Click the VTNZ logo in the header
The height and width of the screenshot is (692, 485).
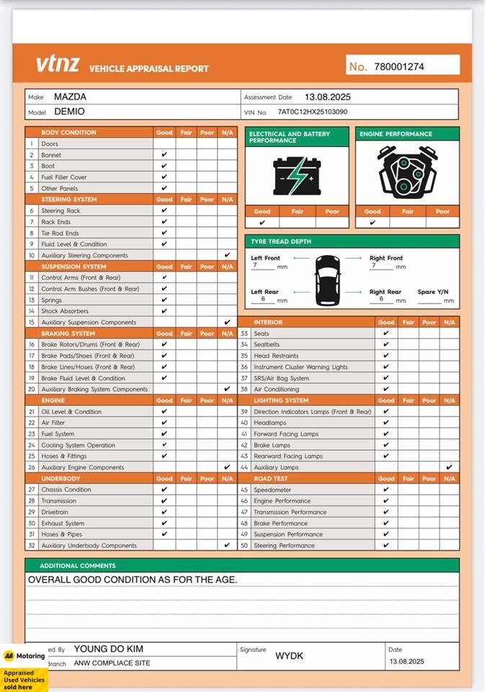click(x=58, y=64)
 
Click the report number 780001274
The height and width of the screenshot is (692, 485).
click(x=399, y=66)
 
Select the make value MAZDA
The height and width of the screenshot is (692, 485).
click(x=70, y=97)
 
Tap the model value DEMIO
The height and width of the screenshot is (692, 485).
click(x=69, y=112)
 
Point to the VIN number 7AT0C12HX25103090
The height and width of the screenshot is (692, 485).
click(x=312, y=112)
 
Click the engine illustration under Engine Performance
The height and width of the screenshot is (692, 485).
click(x=407, y=173)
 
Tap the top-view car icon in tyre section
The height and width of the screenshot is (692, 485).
click(x=328, y=280)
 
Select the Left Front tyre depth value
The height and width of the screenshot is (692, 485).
click(x=254, y=265)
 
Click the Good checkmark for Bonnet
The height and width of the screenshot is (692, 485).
click(x=164, y=155)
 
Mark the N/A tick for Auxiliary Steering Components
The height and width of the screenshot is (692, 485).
click(x=227, y=255)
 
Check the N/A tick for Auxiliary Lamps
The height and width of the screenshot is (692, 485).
click(x=449, y=467)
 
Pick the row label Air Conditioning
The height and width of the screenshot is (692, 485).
click(x=276, y=389)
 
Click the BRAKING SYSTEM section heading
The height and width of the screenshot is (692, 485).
click(x=68, y=334)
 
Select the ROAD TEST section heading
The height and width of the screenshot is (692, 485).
click(x=270, y=479)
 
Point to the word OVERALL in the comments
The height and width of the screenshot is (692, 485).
click(x=53, y=580)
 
